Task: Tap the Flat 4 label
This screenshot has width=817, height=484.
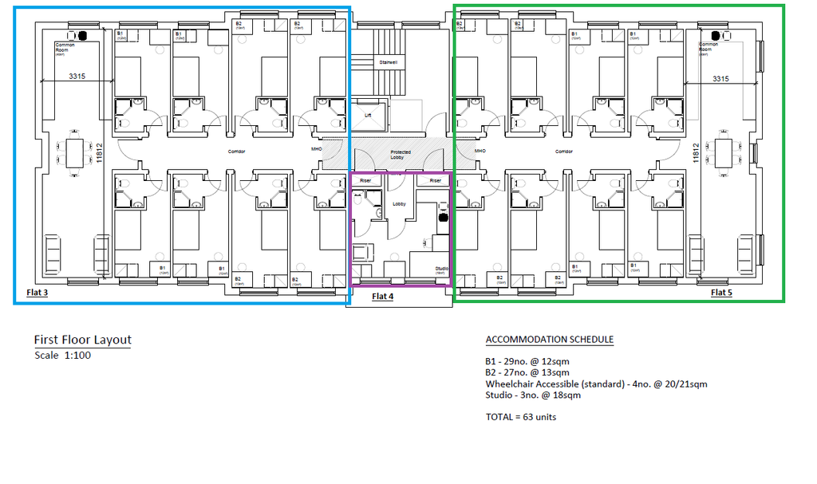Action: tap(383, 297)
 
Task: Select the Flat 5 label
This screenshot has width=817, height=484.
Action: tap(721, 293)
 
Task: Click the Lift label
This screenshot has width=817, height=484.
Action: tap(368, 115)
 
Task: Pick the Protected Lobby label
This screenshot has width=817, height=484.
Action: tap(401, 155)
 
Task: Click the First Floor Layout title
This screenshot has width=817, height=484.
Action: tap(82, 340)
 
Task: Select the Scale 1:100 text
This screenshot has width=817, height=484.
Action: tap(63, 356)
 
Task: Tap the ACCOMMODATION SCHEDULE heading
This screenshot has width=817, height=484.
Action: tap(550, 340)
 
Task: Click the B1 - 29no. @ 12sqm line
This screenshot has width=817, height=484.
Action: tap(527, 362)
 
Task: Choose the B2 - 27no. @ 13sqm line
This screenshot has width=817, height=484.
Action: tap(527, 372)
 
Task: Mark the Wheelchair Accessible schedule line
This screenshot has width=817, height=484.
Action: tap(596, 384)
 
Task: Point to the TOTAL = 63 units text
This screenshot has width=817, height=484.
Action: tap(521, 417)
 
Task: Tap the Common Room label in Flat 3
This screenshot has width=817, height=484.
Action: tap(62, 48)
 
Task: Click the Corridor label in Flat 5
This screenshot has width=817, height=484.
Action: tap(564, 151)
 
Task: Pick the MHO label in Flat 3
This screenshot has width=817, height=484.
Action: tap(316, 149)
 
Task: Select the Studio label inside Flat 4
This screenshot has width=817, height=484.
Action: tap(440, 269)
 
